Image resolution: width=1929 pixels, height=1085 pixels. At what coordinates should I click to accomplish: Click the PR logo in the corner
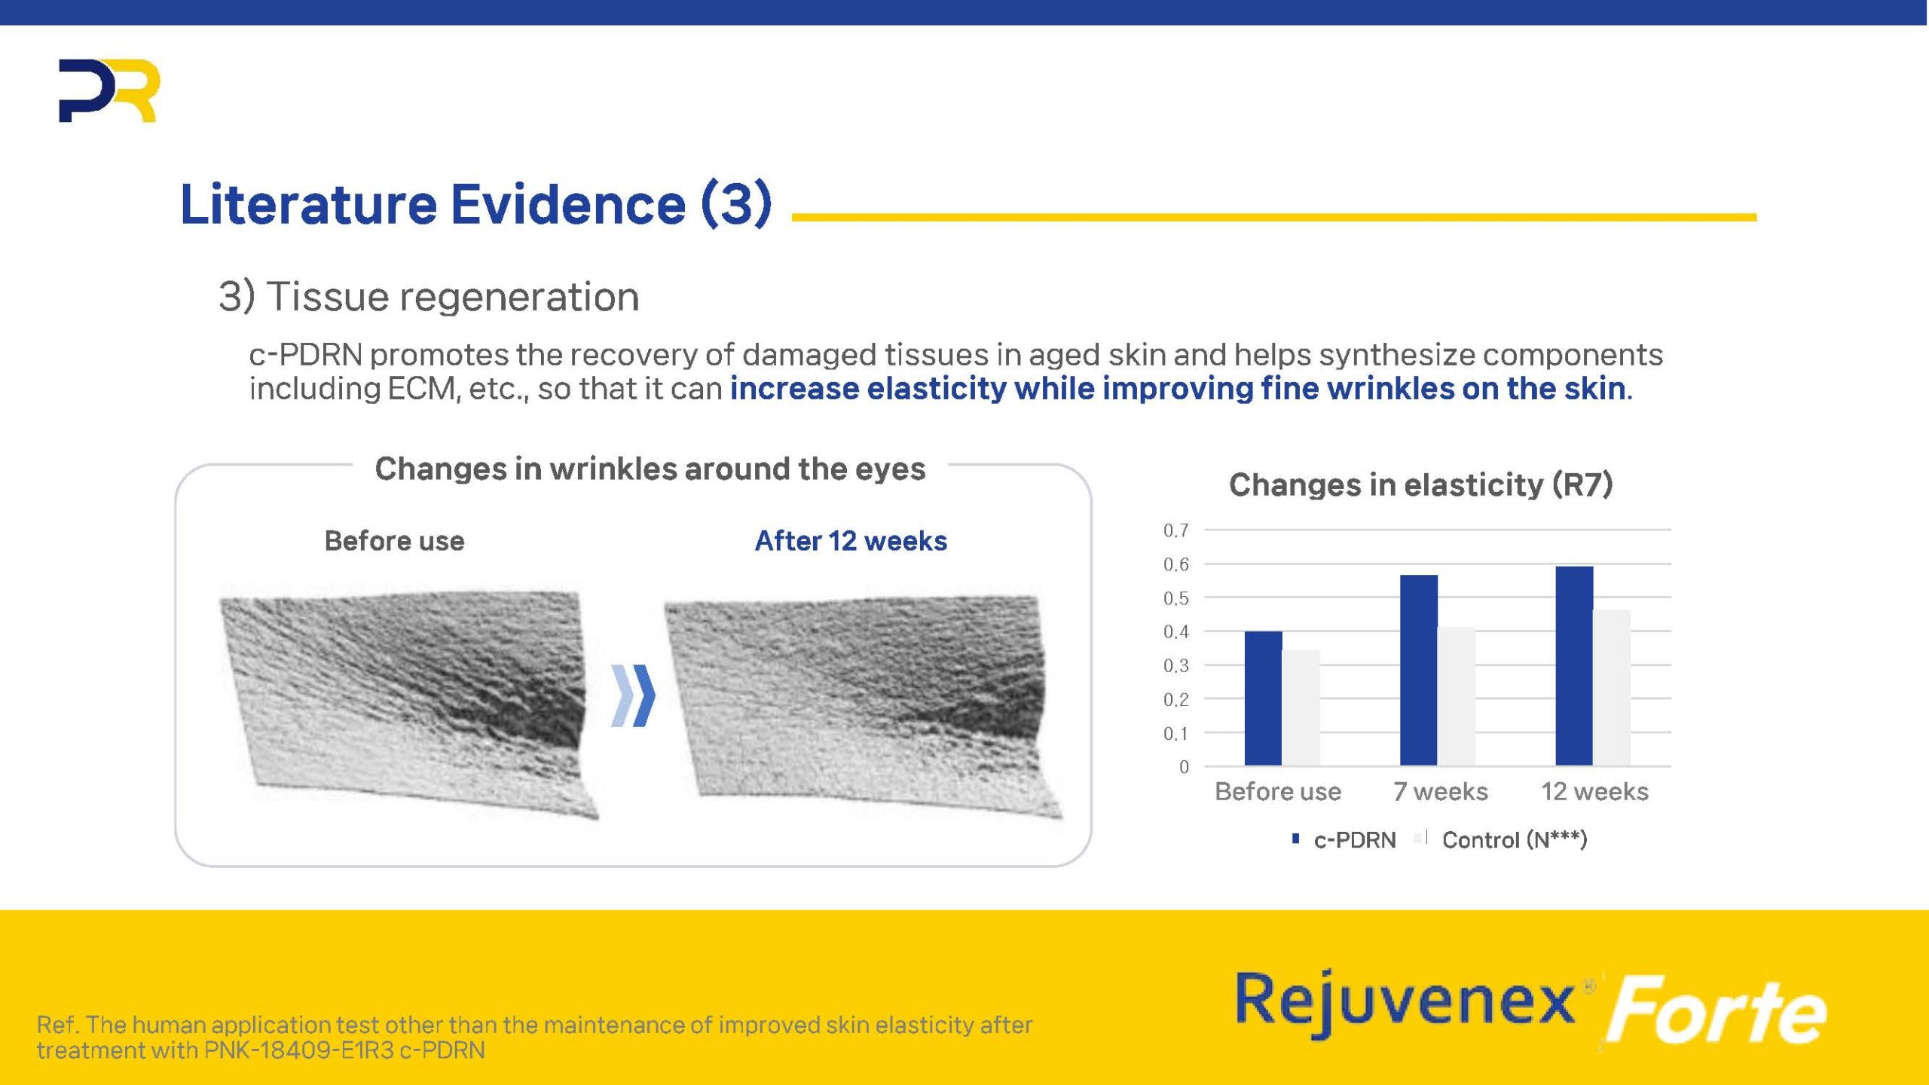pos(109,90)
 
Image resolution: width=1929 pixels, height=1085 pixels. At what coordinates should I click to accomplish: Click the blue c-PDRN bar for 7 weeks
pos(1419,670)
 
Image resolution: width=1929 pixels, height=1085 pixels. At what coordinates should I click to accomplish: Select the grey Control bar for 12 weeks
pos(1612,687)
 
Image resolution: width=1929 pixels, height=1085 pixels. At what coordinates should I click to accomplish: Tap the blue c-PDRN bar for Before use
pos(1263,698)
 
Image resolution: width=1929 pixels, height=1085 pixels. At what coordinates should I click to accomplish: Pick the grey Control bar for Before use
pos(1301,708)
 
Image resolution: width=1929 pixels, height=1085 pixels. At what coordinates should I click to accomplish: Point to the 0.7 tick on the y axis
pos(1176,530)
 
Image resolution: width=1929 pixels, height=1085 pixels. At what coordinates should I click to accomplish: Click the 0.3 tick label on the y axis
pos(1176,665)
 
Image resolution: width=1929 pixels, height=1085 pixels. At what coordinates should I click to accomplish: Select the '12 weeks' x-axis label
pos(1594,791)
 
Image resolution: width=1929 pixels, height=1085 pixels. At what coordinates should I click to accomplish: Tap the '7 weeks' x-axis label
pos(1440,791)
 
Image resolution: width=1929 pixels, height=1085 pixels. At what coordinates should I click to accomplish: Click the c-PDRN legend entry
pos(1344,839)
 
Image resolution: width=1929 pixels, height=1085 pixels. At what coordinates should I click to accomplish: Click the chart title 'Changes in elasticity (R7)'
pos(1420,484)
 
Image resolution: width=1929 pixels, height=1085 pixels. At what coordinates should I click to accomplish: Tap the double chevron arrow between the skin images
pos(633,695)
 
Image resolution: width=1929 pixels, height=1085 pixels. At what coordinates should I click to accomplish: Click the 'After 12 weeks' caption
pos(851,541)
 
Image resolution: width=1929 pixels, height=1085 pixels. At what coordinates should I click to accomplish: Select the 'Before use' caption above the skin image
pos(394,541)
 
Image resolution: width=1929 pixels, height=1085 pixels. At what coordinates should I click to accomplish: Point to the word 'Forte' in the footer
pos(1716,1010)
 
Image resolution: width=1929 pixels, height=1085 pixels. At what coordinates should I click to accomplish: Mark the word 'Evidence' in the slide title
pos(568,203)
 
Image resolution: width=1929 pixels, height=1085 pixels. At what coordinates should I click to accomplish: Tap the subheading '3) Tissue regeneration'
pos(429,296)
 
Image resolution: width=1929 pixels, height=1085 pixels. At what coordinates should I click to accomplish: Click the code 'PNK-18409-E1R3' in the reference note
pos(299,1050)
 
